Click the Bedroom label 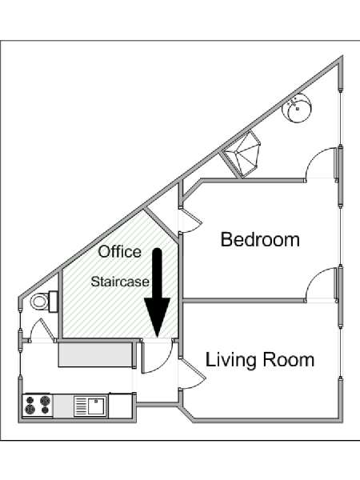click(x=260, y=239)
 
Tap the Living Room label click(x=260, y=360)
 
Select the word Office click(x=120, y=251)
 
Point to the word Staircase click(x=120, y=282)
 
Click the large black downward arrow click(x=157, y=292)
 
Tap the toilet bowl click(x=39, y=302)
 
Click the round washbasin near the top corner click(x=297, y=108)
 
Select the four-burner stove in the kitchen click(x=38, y=405)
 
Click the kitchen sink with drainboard click(x=90, y=406)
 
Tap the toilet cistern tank click(x=53, y=302)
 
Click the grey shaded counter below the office click(x=95, y=354)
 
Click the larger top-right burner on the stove click(x=45, y=400)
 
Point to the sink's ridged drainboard click(x=81, y=406)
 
